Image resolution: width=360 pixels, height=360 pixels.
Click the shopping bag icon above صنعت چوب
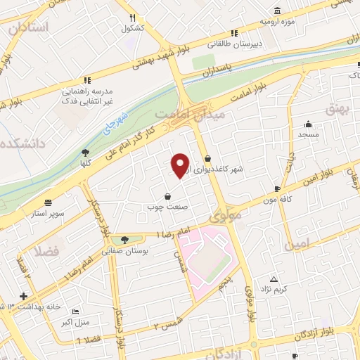tap(167, 197)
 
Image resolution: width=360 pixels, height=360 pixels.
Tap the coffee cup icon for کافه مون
tap(277, 188)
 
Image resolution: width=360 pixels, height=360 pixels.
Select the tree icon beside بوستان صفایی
tap(124, 240)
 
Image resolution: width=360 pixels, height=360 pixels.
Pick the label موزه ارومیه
tap(274, 22)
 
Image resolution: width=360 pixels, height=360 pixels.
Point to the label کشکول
tap(132, 29)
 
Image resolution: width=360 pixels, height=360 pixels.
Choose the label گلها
tap(86, 161)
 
